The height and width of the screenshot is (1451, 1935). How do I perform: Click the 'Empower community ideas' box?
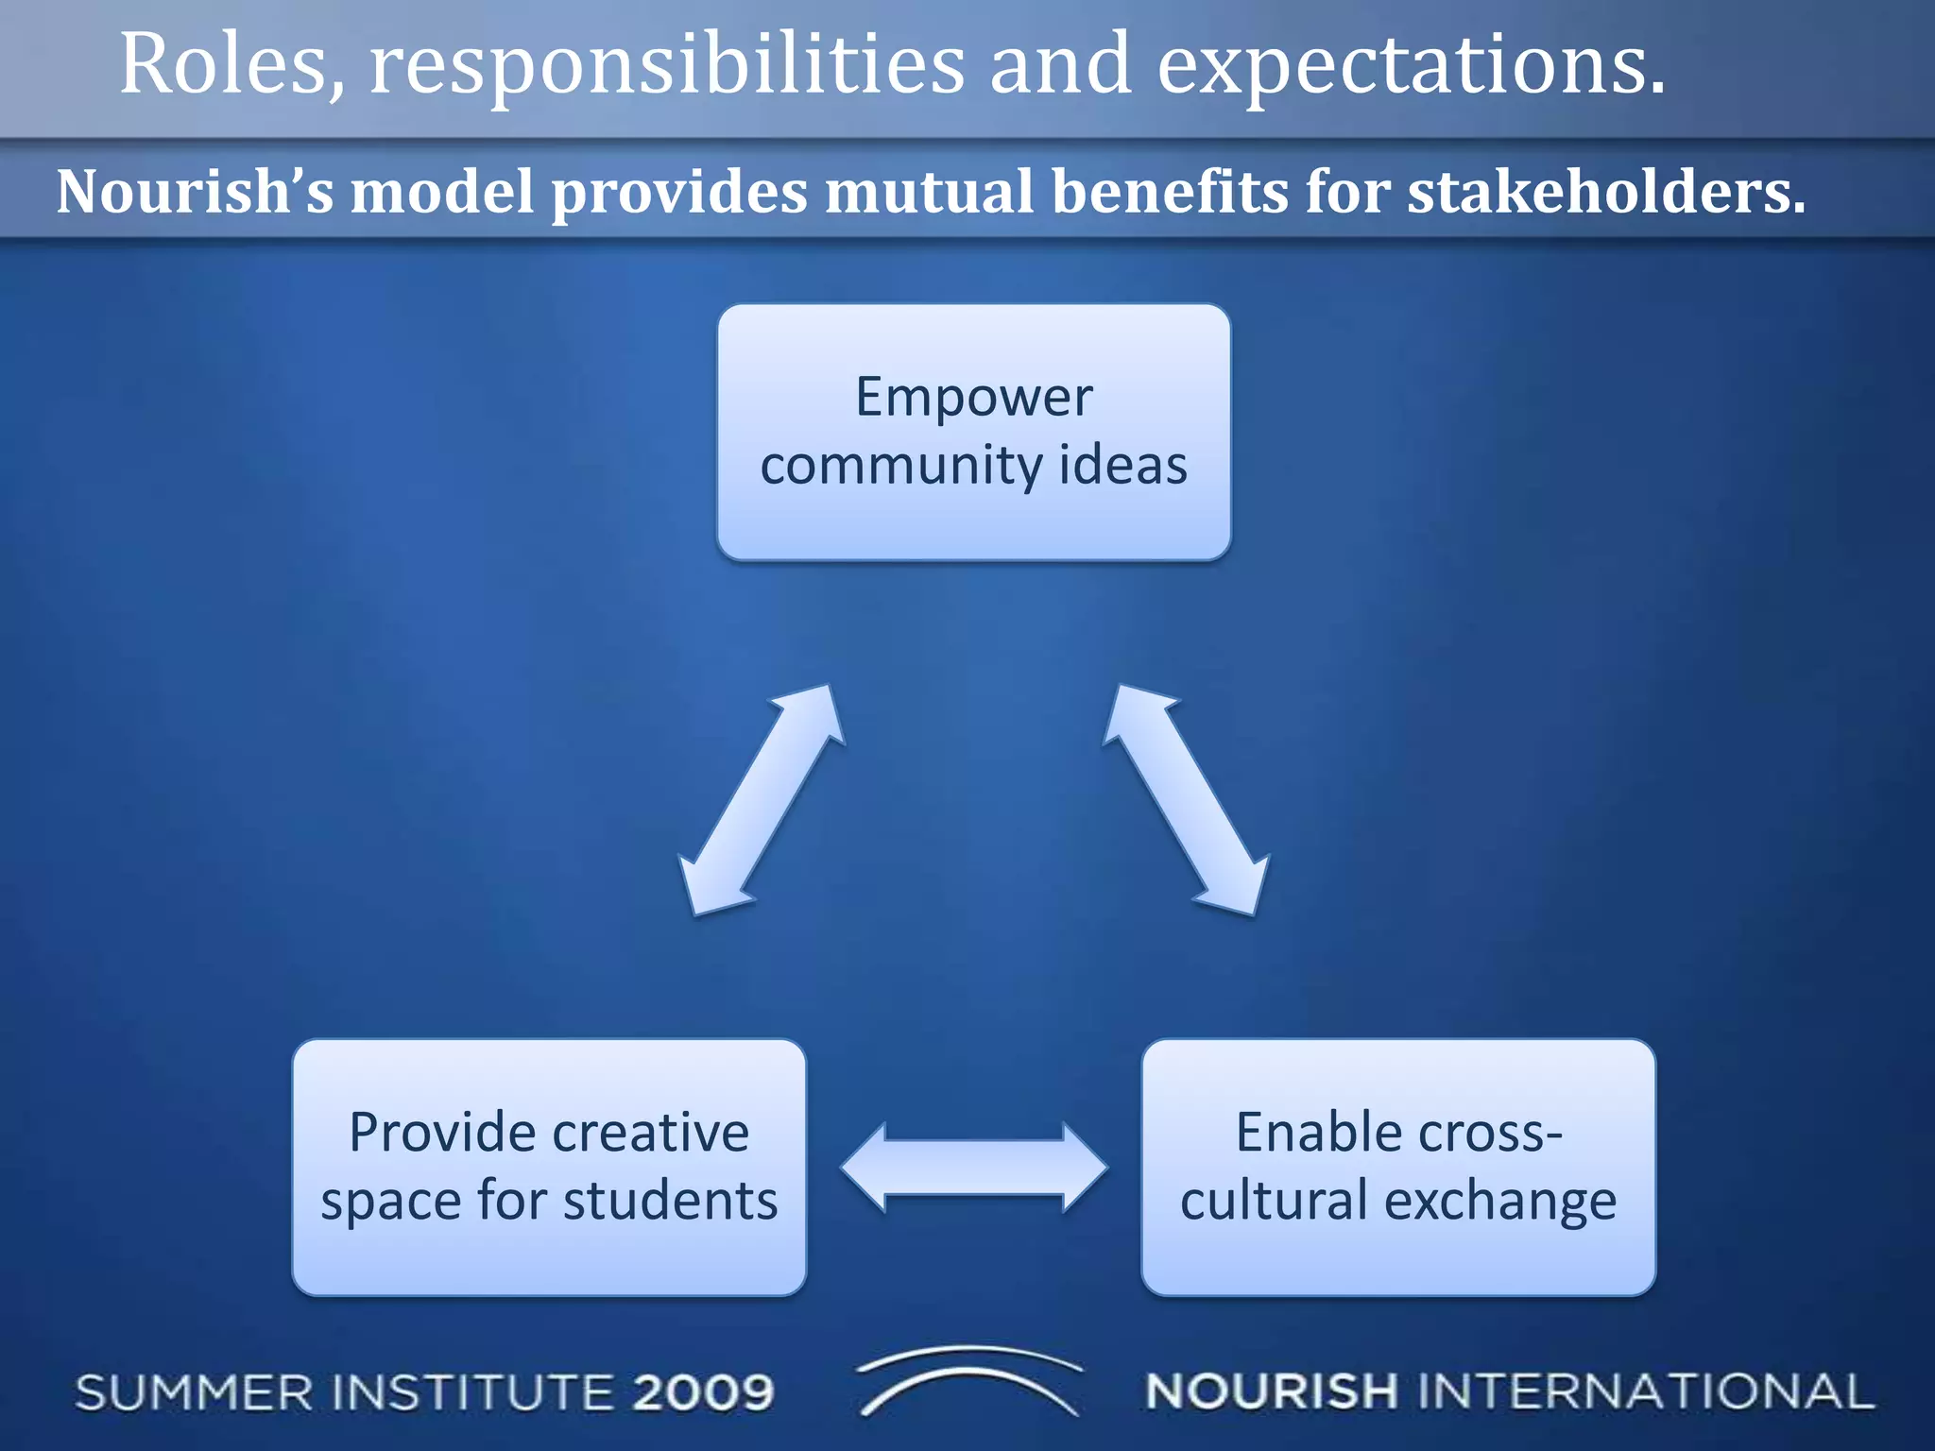(974, 432)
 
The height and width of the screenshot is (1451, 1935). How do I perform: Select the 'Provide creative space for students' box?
(549, 1168)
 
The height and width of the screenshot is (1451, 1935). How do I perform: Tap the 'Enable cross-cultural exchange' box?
(1398, 1168)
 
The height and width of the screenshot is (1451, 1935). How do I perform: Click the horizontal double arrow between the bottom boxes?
(974, 1168)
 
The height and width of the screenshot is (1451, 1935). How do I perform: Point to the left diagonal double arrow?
(762, 800)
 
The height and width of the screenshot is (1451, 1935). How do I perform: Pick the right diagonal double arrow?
(1186, 800)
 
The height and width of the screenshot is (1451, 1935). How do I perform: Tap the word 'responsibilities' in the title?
(667, 66)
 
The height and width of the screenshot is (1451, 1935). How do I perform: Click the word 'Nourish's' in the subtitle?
(195, 192)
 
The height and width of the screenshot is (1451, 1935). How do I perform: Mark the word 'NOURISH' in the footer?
(1271, 1392)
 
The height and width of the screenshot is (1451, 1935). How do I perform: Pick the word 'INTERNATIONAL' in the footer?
(1646, 1392)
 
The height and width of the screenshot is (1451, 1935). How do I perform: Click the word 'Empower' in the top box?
(974, 398)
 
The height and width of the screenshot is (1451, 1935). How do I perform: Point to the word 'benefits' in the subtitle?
(1171, 192)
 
